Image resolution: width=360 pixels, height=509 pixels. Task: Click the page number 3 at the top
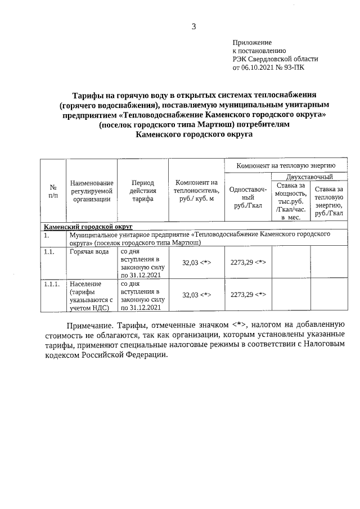tap(193, 26)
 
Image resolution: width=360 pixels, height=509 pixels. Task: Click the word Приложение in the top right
tap(252, 42)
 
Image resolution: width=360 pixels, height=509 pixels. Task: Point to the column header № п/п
tap(53, 191)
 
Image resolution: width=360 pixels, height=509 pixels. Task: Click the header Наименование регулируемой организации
tap(92, 191)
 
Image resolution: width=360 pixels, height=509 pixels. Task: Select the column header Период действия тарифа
tap(142, 191)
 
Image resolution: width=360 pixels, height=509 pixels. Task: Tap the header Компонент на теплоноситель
tap(196, 191)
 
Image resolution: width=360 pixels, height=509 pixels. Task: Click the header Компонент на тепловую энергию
tap(286, 166)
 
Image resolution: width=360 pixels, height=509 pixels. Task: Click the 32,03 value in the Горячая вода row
tap(196, 262)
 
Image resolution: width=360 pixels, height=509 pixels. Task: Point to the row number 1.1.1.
tap(52, 284)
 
